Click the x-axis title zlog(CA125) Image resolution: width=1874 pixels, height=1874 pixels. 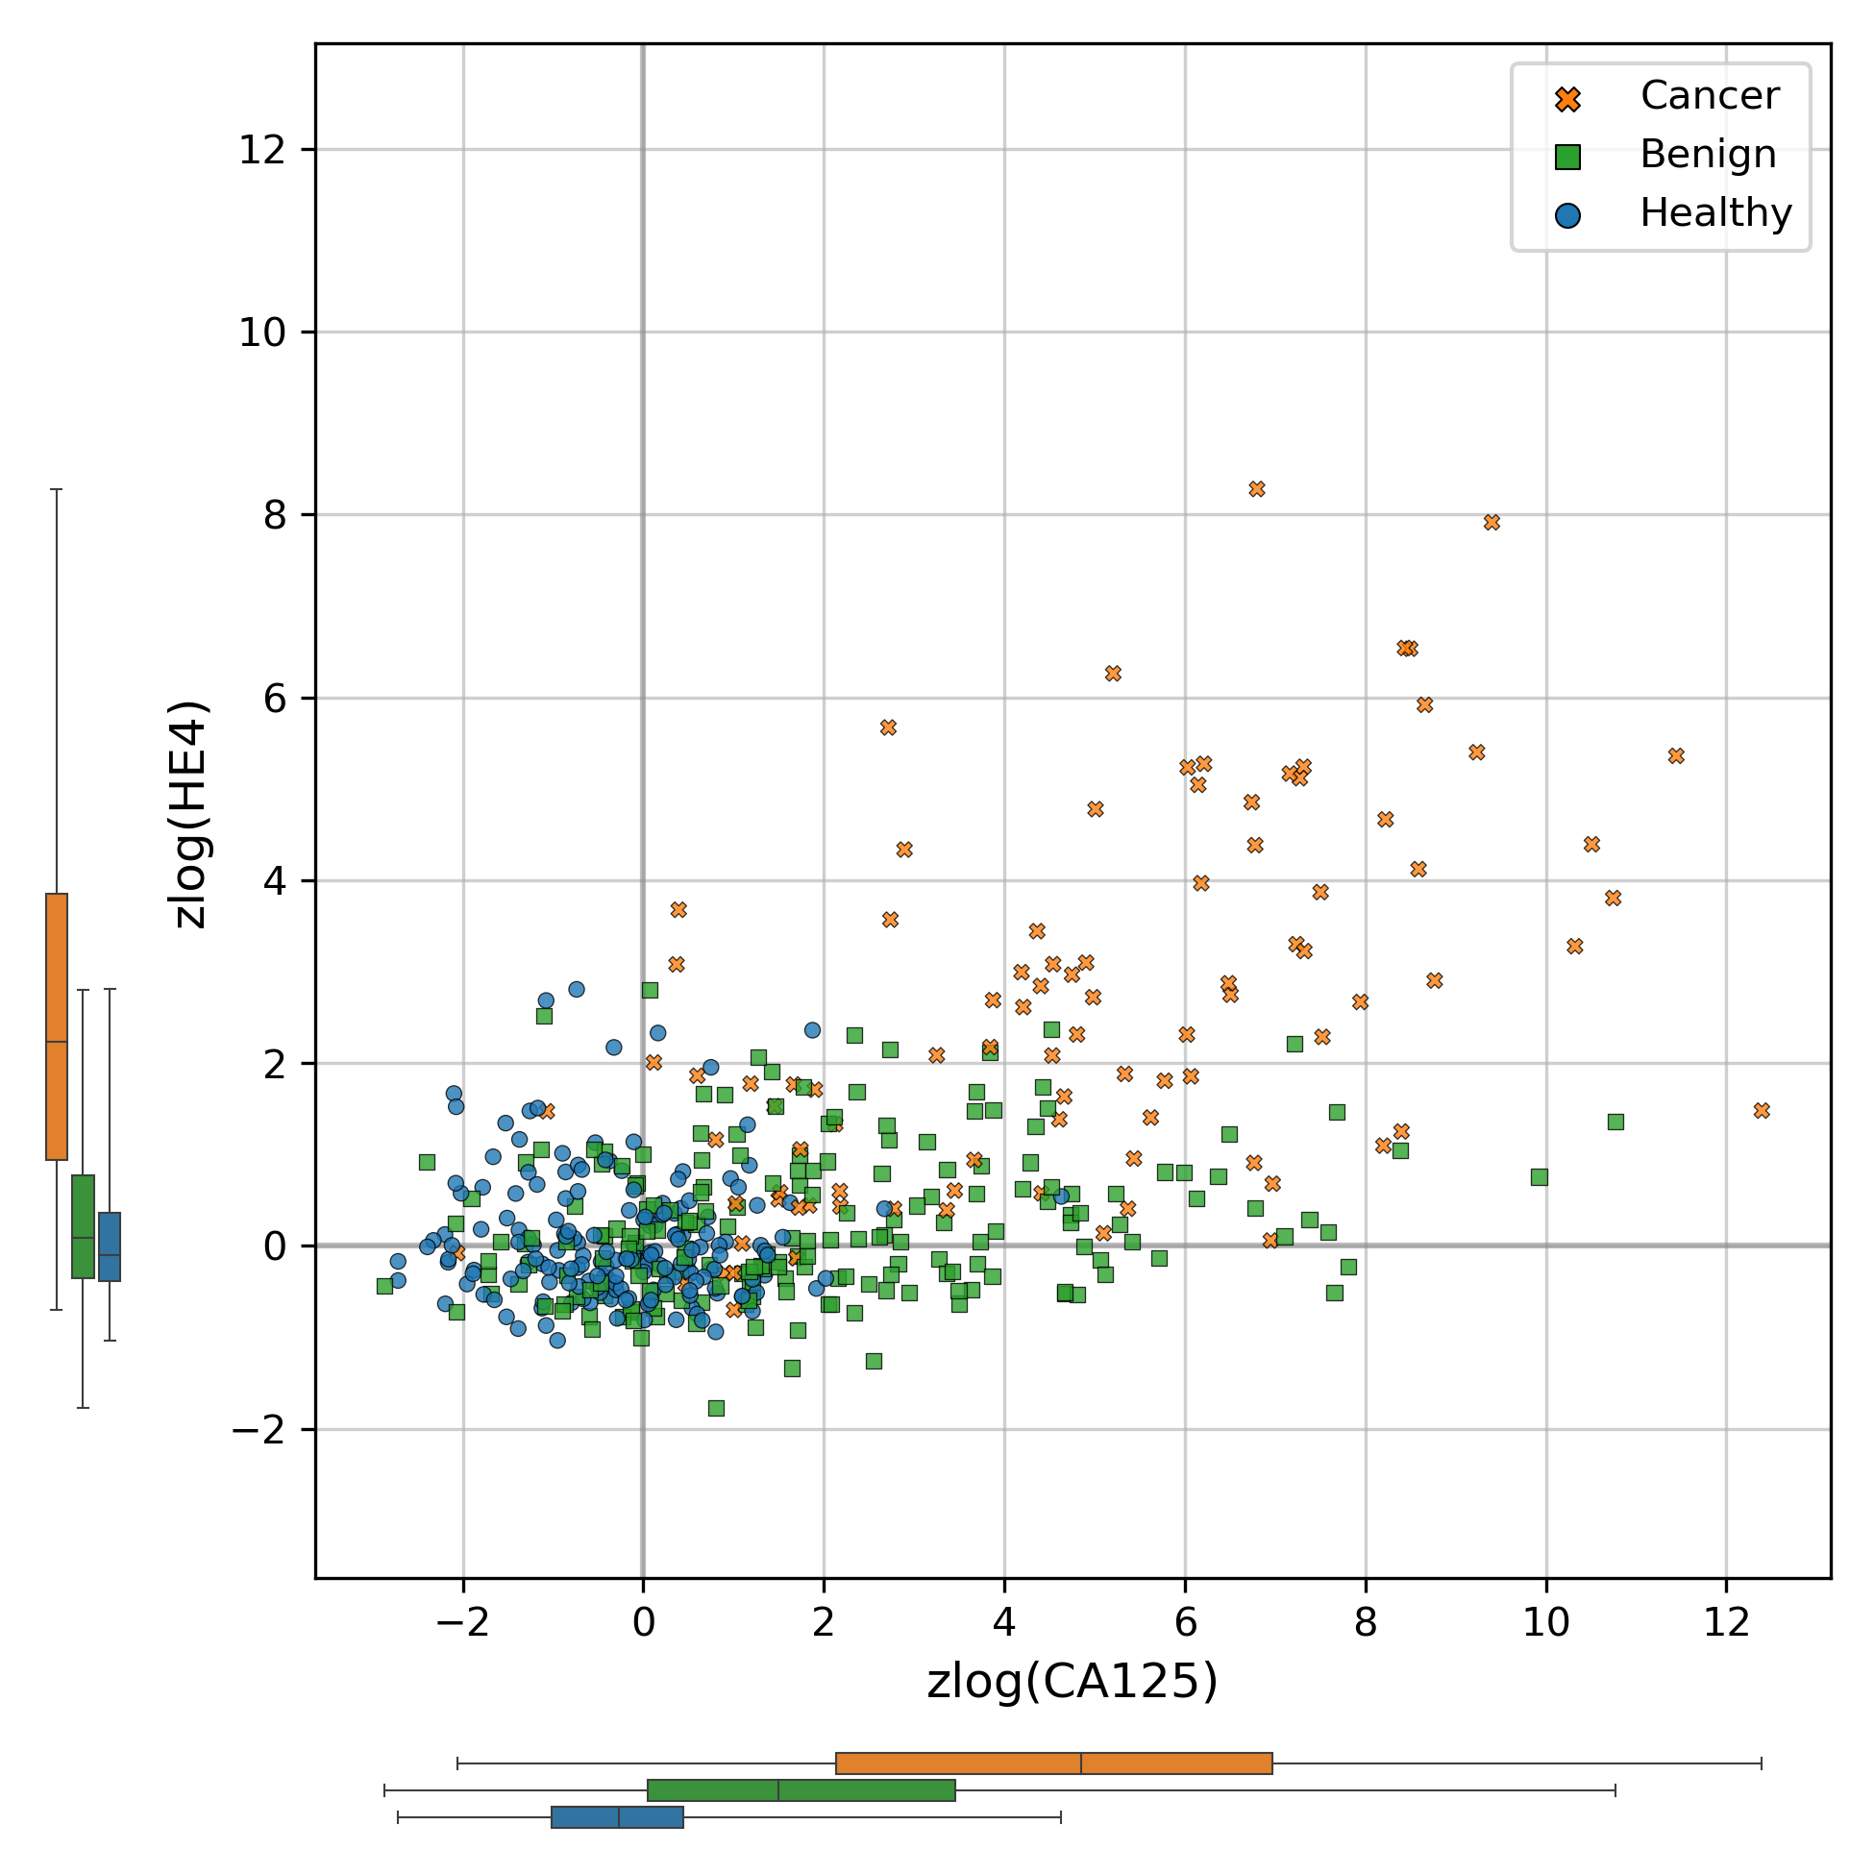[1072, 1682]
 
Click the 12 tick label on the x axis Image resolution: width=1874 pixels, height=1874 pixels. [1727, 1623]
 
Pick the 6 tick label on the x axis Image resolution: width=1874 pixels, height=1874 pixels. [1184, 1623]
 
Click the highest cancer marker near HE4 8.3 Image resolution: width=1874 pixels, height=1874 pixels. [1257, 489]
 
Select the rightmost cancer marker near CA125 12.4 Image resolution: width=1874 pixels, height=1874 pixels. [1762, 1111]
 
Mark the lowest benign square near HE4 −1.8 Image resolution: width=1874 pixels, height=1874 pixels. [716, 1409]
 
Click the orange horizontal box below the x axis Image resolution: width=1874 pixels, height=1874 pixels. [1053, 1763]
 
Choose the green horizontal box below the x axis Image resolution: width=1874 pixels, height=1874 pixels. [801, 1790]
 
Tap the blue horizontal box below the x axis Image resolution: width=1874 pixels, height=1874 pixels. [617, 1816]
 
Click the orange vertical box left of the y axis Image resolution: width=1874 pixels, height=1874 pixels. [58, 1026]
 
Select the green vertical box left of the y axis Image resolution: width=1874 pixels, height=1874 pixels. [84, 1226]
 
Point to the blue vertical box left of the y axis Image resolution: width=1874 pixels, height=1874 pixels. [110, 1246]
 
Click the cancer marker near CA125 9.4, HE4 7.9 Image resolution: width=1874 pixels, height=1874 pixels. [1492, 523]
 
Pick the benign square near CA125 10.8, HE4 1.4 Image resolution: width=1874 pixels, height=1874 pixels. [1615, 1122]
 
